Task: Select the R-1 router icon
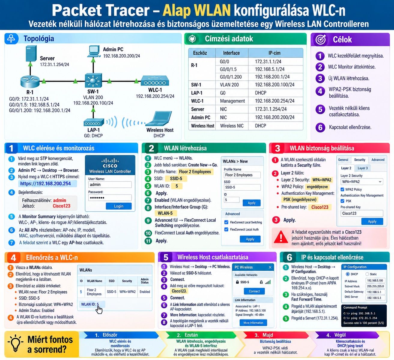point(30,81)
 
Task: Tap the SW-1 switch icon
point(93,80)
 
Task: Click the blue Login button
point(119,206)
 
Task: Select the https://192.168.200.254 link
point(46,183)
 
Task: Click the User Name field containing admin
point(110,184)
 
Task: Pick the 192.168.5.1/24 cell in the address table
point(269,69)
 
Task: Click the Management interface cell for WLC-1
point(232,101)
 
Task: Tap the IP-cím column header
point(274,53)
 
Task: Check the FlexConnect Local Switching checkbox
point(226,222)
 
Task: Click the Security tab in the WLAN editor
point(360,160)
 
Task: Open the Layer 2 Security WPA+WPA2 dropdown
point(362,182)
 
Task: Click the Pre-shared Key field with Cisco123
point(362,213)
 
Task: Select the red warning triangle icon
point(281,237)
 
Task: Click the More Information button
point(253,323)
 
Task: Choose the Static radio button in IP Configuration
point(367,274)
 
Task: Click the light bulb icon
point(16,344)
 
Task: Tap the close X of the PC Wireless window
point(270,267)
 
